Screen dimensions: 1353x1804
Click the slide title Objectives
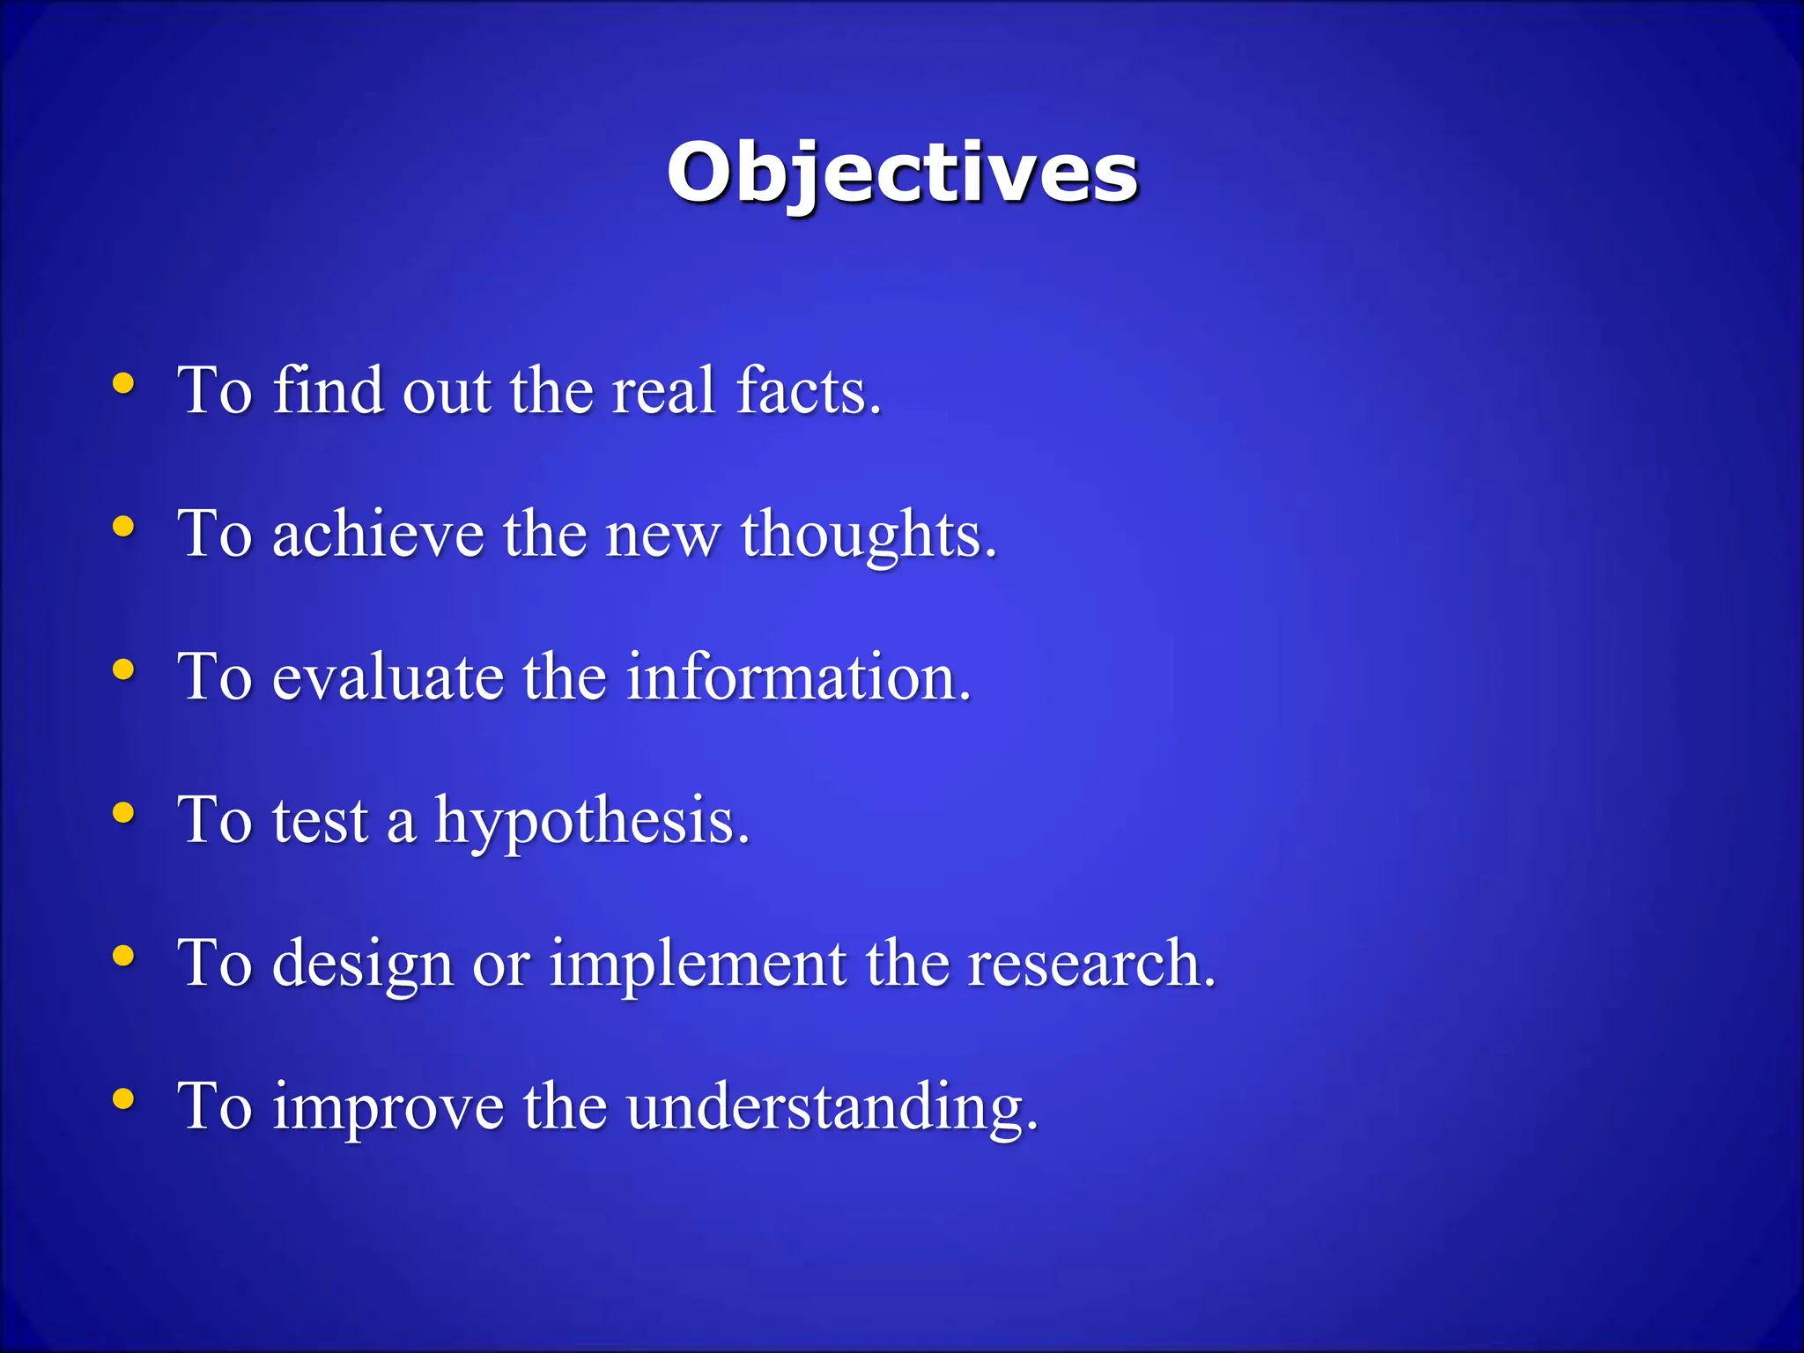tap(902, 173)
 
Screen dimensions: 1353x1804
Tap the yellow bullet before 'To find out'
tap(124, 383)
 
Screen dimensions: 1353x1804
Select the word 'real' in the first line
tap(662, 390)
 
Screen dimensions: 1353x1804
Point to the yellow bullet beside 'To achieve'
tap(124, 527)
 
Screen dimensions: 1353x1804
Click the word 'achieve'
tap(378, 534)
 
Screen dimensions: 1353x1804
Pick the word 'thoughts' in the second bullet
tap(868, 534)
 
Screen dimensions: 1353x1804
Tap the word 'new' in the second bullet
tap(662, 536)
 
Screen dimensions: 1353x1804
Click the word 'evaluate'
tap(388, 677)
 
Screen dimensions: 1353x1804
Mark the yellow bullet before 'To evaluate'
tap(124, 669)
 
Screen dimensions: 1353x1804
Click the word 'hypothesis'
tap(591, 821)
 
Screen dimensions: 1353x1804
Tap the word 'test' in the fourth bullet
tap(320, 821)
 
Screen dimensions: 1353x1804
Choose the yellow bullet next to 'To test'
tap(124, 813)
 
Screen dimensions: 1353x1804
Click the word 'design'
tap(362, 965)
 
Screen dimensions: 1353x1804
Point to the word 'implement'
tap(698, 965)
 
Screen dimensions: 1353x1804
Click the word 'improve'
tap(388, 1106)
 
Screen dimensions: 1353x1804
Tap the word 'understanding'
tap(832, 1106)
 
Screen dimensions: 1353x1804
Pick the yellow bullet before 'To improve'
tap(124, 1099)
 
